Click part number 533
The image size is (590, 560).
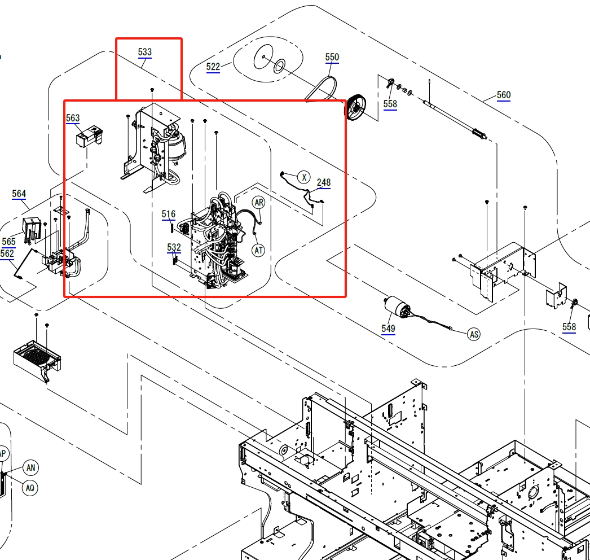(x=145, y=52)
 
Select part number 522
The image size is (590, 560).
(x=213, y=67)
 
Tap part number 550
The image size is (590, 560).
(x=332, y=57)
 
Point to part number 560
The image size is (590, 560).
(x=504, y=95)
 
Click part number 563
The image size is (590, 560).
(x=73, y=118)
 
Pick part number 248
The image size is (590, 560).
(x=324, y=183)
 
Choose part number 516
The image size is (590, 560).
(x=168, y=215)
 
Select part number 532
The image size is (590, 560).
(x=174, y=247)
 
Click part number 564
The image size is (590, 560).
(x=19, y=194)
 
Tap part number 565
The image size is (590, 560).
(x=8, y=242)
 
